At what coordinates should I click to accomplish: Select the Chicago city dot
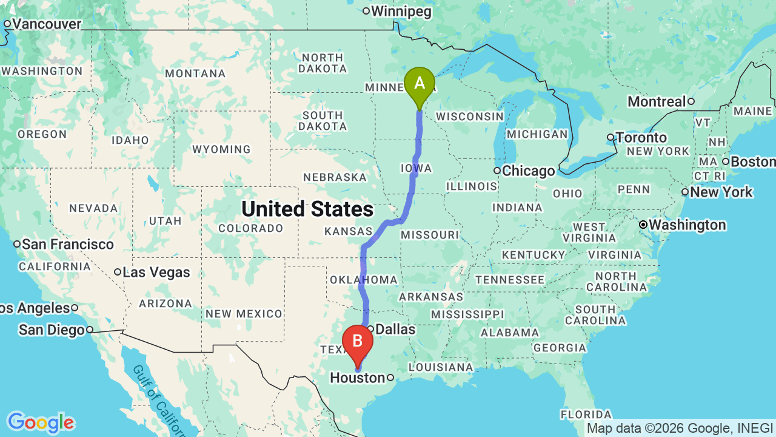(x=497, y=171)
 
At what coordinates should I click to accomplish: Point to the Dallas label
(x=395, y=330)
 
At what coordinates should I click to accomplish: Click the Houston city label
(x=357, y=378)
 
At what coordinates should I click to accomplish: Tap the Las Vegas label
(x=156, y=273)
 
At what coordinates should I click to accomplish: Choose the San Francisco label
(x=68, y=244)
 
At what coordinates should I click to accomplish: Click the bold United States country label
(x=307, y=209)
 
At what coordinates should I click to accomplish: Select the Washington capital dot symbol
(x=643, y=225)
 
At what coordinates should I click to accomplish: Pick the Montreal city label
(x=657, y=101)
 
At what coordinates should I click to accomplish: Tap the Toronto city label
(x=641, y=137)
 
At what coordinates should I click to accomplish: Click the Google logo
(x=41, y=422)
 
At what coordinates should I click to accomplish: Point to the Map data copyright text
(x=679, y=429)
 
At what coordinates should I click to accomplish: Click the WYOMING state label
(x=221, y=149)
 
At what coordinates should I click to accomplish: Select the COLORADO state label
(x=250, y=229)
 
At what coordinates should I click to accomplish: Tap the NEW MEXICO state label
(x=244, y=314)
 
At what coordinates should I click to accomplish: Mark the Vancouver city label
(x=47, y=24)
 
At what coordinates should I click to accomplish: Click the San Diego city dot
(x=89, y=330)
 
